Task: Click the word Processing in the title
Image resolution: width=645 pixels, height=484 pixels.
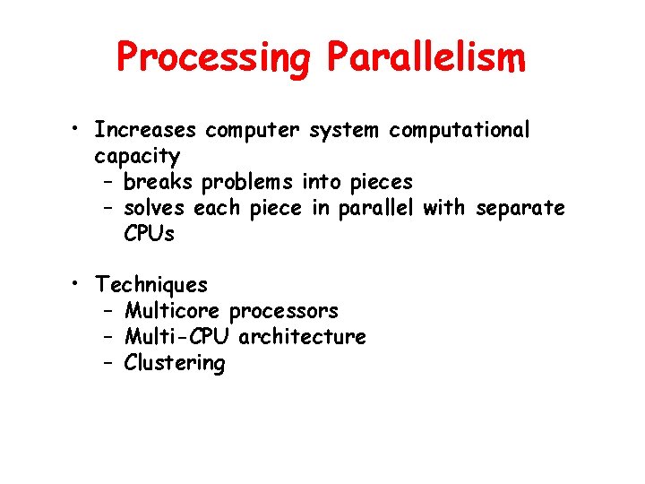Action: pos(213,58)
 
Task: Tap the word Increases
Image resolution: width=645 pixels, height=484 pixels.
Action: pos(145,130)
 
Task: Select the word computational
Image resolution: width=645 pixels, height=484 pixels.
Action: pos(460,131)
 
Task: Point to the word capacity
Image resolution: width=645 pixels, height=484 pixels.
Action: pos(138,157)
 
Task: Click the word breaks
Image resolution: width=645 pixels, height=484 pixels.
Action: pos(159,182)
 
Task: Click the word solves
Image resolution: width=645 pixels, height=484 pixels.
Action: pos(154,208)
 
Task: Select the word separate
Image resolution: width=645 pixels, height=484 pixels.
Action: pos(520,209)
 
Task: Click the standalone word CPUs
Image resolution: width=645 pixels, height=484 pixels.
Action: pos(150,234)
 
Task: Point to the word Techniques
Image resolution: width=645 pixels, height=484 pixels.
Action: pos(151,285)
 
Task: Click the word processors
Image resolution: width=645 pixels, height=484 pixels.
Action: pos(284,312)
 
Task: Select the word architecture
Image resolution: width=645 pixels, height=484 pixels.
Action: pos(303,337)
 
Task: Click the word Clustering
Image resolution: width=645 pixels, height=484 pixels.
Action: pos(175,363)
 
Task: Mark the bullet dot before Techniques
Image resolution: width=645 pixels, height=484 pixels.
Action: pos(80,285)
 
